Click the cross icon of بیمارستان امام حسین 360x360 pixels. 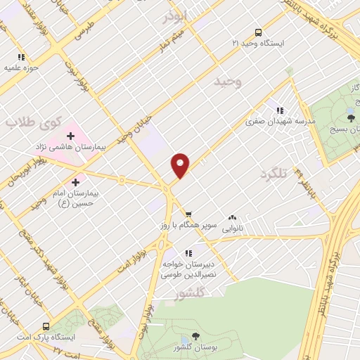pos(75,182)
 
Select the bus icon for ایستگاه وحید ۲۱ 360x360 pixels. pos(258,32)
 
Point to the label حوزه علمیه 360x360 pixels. pos(20,68)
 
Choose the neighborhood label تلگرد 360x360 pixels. pos(275,173)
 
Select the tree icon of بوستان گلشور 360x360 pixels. pos(195,337)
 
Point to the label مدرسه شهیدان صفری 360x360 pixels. pos(281,122)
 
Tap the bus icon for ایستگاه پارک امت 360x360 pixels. pos(45,327)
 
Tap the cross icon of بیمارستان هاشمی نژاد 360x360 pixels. pos(70,135)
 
